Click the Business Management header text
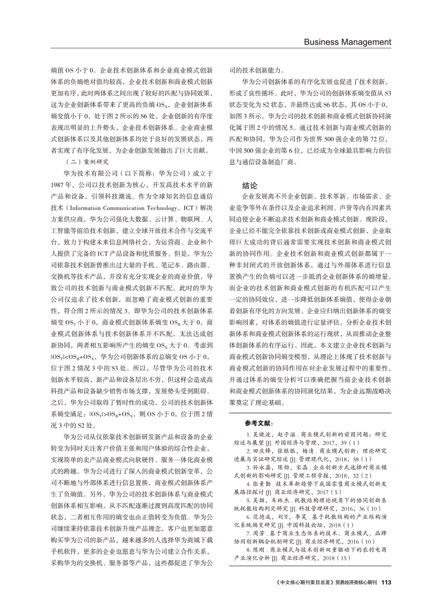[x=347, y=42]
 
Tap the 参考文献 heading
[x=258, y=423]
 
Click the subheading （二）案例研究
[x=86, y=162]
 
